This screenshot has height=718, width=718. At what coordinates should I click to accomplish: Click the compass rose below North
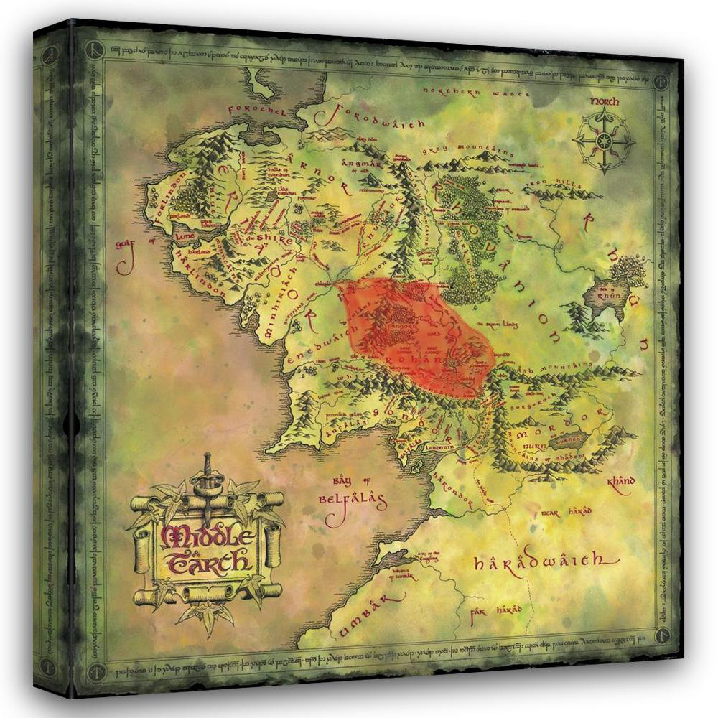tap(604, 140)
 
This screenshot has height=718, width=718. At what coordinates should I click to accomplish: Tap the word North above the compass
tap(605, 102)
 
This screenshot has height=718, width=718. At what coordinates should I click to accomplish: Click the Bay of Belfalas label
tap(353, 493)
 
